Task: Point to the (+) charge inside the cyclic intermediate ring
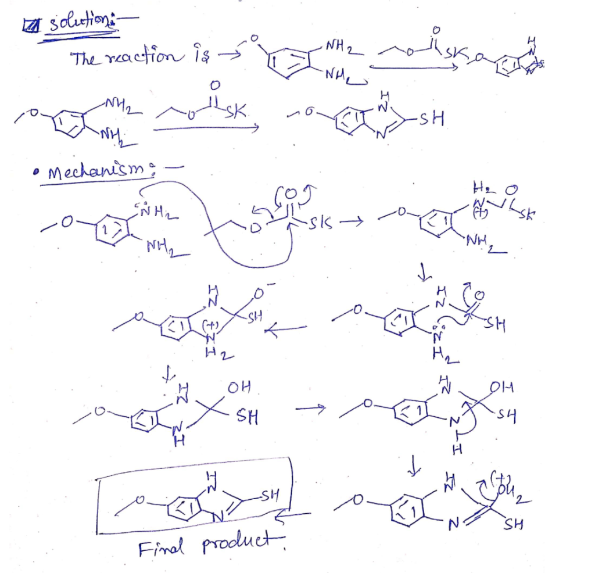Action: [206, 325]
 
